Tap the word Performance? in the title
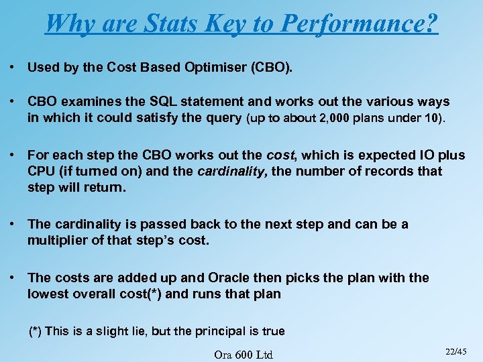pos(360,23)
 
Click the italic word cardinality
pos(232,171)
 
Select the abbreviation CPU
pos(42,171)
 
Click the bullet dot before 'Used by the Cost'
pos(13,68)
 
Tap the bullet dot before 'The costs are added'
pos(13,278)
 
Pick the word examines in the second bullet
pos(93,102)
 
